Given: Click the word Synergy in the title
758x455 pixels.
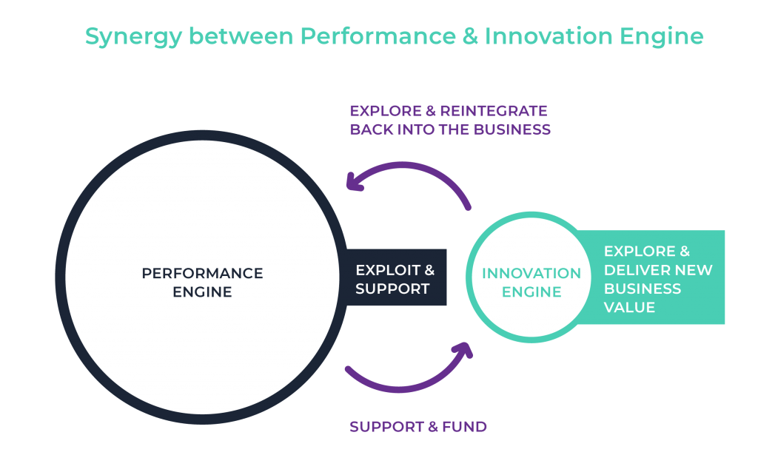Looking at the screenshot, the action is coord(133,37).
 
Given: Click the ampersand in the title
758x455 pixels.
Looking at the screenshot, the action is coord(470,36).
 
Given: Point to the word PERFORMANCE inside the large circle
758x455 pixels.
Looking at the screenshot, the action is coord(203,274).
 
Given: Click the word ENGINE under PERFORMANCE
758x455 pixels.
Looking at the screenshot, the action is coord(203,291).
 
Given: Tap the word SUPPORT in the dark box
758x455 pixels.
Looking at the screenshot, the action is coord(392,289).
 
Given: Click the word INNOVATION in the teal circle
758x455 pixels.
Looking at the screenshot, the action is coord(531,274).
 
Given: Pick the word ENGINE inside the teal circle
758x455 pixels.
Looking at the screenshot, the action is coord(531,291).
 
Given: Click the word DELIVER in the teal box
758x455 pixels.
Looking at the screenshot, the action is coord(634,270).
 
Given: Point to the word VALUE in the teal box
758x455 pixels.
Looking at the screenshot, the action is coord(629,307).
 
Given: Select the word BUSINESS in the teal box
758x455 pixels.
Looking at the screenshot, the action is coord(643,289).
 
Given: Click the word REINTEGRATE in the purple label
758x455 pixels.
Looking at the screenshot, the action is coord(494,111).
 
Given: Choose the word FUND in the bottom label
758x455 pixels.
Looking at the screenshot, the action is coord(464,427).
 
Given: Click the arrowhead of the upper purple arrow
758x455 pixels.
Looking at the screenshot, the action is coord(354,182).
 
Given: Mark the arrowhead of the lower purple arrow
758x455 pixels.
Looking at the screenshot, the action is coord(465,348).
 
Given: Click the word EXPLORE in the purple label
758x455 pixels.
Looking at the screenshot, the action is coord(386,111).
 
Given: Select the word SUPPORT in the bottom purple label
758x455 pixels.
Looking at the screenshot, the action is coord(387,427).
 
